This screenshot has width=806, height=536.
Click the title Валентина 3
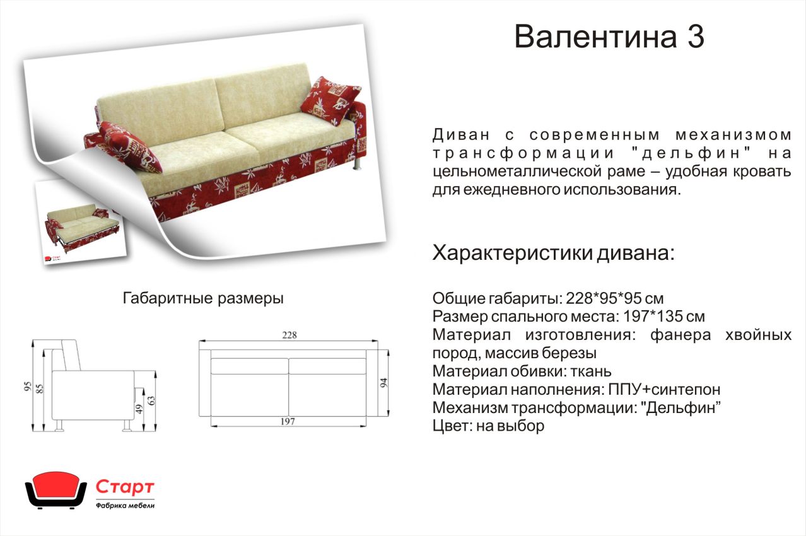[x=609, y=37]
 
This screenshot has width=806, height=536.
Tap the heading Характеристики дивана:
[x=553, y=253]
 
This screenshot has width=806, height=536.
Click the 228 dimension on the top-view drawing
[x=289, y=335]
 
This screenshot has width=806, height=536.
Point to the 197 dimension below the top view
[x=288, y=421]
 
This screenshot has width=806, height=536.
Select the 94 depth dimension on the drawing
[x=383, y=383]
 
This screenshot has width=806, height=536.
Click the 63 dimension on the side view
[x=151, y=400]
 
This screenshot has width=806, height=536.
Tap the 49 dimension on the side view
[x=139, y=409]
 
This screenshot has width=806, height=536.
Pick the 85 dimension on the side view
[x=40, y=388]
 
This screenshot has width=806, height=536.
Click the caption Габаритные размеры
[x=203, y=298]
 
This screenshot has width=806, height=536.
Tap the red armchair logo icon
[x=55, y=491]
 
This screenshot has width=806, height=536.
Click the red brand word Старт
[x=125, y=487]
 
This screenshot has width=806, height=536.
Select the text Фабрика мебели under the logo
[x=126, y=506]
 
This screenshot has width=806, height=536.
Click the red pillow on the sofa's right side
[x=330, y=100]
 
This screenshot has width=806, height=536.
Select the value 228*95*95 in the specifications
[x=602, y=298]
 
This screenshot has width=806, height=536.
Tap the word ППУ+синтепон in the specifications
[x=664, y=390]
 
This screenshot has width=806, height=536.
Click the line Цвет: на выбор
[x=488, y=426]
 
